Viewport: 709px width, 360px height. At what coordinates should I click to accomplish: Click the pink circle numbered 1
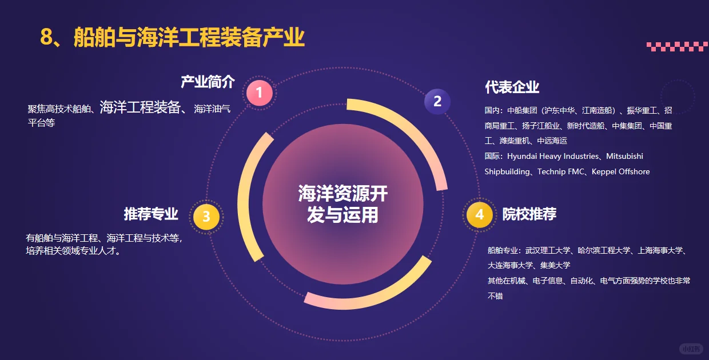(x=260, y=93)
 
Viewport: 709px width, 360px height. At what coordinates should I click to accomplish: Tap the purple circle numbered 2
(x=437, y=102)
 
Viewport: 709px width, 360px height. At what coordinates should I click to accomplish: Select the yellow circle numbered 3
(x=206, y=217)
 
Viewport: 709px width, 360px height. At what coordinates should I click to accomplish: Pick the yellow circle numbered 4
(x=479, y=215)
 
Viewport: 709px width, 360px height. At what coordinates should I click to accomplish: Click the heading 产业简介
(x=208, y=82)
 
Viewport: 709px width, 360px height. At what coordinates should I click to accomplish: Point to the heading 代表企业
(x=512, y=87)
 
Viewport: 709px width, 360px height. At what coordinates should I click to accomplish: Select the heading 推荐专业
(x=151, y=214)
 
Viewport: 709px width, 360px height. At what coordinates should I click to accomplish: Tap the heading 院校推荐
(x=529, y=214)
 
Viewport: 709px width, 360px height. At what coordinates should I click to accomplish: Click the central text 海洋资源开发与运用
(x=342, y=204)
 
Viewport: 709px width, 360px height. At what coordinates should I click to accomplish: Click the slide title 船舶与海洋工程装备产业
(x=189, y=38)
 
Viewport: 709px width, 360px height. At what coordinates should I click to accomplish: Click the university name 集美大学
(x=555, y=265)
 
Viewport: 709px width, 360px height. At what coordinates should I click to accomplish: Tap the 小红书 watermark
(x=690, y=349)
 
